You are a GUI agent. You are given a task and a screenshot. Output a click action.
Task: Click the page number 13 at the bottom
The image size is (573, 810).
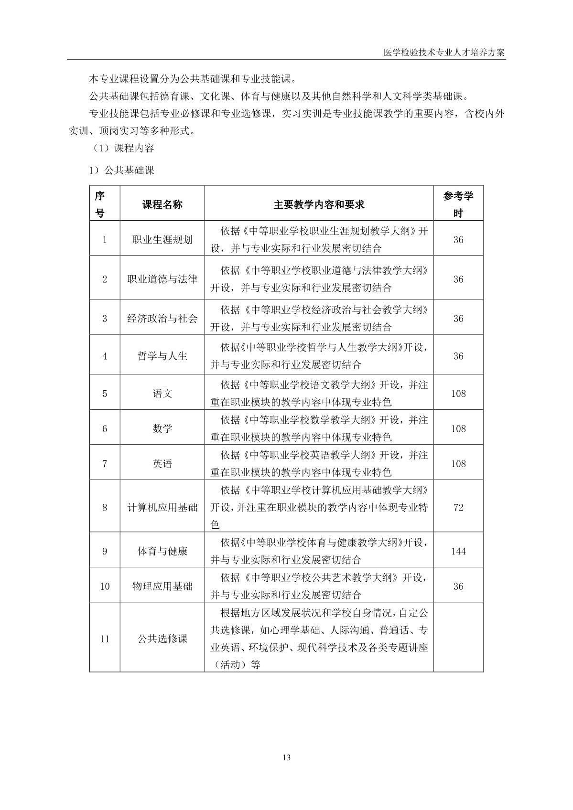click(x=287, y=757)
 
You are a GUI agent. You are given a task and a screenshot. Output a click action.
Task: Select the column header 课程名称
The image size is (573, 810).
click(x=162, y=204)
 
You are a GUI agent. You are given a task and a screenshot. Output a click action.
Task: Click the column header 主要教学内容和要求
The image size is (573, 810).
click(x=319, y=204)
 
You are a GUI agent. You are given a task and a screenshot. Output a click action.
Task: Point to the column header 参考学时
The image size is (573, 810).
click(x=458, y=204)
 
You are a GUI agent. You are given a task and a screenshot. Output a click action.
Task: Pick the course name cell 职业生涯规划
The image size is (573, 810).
click(x=162, y=240)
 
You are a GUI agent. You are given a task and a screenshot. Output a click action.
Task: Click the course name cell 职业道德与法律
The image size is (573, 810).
click(x=162, y=279)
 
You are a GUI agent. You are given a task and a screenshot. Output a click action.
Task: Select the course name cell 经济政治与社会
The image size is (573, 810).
click(x=162, y=319)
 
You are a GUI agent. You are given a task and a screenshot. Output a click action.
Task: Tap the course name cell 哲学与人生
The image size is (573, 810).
click(x=162, y=356)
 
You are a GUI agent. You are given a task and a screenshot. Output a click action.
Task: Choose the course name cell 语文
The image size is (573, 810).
click(x=162, y=394)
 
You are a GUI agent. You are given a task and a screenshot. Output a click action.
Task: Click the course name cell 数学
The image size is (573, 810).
click(x=162, y=428)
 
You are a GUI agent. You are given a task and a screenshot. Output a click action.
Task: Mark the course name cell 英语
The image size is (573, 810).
click(x=162, y=464)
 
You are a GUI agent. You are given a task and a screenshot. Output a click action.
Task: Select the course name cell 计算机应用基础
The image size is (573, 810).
click(x=162, y=507)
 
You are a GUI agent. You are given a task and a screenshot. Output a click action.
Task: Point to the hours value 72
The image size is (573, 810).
click(x=458, y=507)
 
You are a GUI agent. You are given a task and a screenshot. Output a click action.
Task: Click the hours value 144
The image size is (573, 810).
click(x=458, y=551)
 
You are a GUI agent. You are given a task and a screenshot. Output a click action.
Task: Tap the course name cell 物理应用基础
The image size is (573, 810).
click(x=162, y=586)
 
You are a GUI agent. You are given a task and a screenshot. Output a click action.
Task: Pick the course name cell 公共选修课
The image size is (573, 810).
click(x=162, y=639)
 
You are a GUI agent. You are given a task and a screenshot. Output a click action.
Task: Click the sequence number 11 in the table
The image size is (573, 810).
click(x=105, y=639)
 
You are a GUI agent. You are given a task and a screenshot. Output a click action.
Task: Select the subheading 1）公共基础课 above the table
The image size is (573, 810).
click(x=121, y=171)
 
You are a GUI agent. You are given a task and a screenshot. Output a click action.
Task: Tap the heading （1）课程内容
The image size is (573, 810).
click(x=123, y=148)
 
